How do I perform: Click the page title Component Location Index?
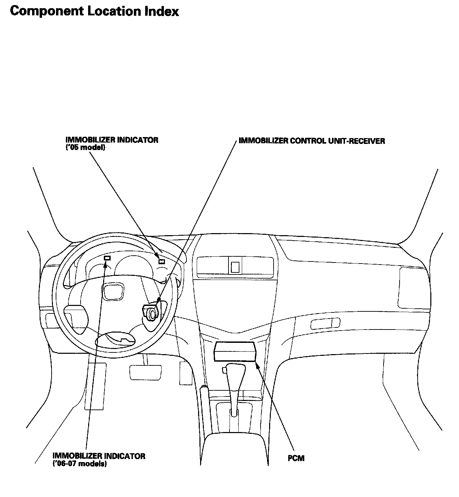coord(94,11)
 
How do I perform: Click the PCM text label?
coord(296,458)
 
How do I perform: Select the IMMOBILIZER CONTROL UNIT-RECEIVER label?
coord(311,141)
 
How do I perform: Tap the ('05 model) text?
coord(85,148)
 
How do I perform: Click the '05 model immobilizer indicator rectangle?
coord(162,262)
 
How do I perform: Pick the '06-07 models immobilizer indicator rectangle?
coord(107,258)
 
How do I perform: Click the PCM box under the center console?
coord(235,351)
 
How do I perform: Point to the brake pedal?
coord(145,372)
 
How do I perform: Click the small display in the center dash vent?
coord(235,267)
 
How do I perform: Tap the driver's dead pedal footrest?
coord(95,386)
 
